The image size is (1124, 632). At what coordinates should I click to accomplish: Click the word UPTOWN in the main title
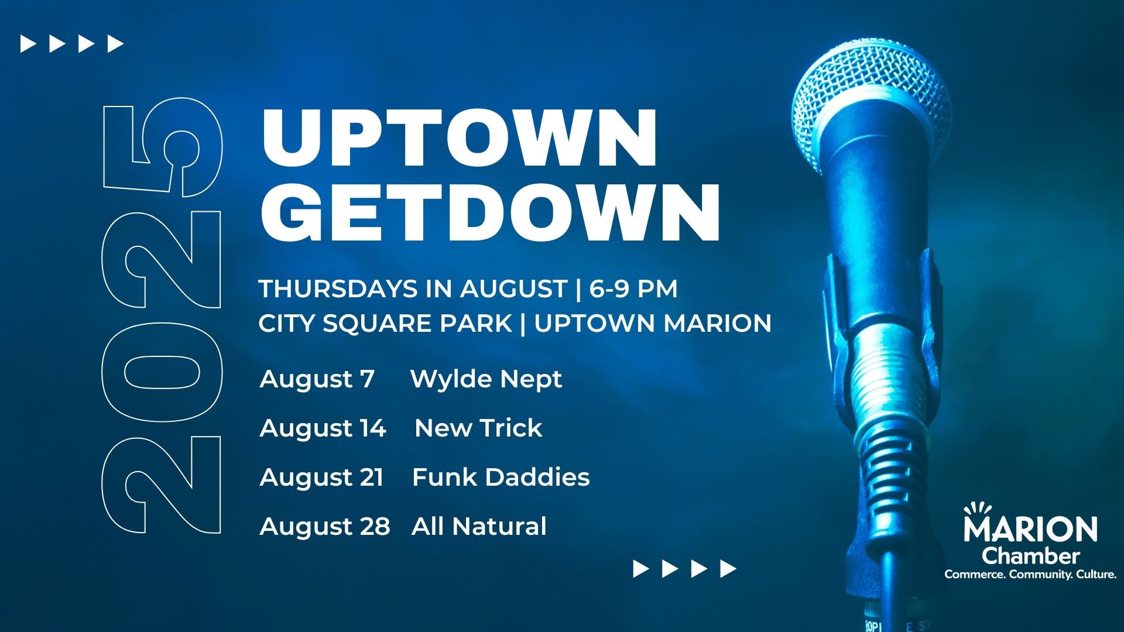click(460, 138)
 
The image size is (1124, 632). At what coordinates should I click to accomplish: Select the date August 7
click(317, 379)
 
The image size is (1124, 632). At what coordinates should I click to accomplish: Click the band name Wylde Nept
click(486, 379)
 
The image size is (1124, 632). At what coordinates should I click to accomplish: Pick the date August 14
click(323, 428)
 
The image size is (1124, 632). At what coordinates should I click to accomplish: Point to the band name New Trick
click(478, 428)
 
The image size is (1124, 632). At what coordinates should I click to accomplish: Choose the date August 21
click(321, 478)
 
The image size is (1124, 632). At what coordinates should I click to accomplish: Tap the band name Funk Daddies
click(501, 477)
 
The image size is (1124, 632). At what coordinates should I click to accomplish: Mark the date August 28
click(325, 527)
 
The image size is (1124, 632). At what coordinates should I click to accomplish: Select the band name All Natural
click(479, 526)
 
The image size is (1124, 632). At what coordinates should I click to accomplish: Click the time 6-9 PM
click(633, 288)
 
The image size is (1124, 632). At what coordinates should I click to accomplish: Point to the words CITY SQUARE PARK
click(385, 324)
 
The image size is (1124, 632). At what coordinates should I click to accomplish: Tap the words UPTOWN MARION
click(653, 323)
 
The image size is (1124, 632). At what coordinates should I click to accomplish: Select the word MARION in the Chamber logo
click(1030, 529)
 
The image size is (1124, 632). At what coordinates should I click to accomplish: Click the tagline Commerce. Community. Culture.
click(1030, 575)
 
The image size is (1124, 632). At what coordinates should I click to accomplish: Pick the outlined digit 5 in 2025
click(163, 147)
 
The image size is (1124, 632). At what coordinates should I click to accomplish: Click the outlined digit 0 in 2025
click(163, 372)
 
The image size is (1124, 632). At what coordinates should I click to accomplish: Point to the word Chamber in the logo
click(1030, 555)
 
